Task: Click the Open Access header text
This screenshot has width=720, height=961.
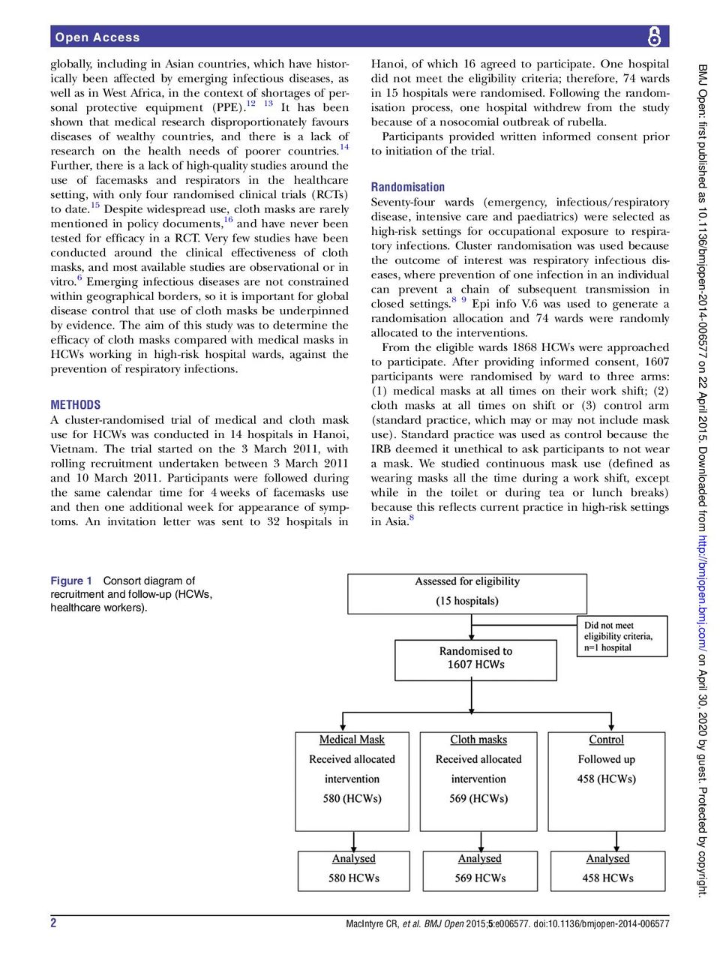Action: point(97,37)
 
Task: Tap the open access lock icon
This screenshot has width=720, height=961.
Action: point(655,36)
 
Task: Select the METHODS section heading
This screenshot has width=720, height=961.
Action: point(75,404)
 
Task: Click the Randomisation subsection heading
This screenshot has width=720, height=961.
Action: point(407,187)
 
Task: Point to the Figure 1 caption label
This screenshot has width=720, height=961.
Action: point(71,581)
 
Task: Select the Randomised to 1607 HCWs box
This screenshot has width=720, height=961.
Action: point(475,659)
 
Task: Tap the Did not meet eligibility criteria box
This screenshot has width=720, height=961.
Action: point(621,636)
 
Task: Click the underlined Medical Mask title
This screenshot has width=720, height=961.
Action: point(352,740)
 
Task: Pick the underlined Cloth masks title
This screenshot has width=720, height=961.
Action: point(478,740)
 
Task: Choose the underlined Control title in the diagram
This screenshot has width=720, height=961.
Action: point(606,740)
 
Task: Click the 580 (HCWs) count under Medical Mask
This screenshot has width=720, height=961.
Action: point(352,799)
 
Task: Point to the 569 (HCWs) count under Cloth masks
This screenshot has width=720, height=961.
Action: point(478,799)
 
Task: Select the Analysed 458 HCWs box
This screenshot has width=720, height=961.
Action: point(607,870)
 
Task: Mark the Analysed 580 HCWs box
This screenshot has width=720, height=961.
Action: point(353,870)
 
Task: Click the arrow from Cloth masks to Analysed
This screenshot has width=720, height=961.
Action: point(479,840)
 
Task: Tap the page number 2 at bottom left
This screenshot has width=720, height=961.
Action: point(53,923)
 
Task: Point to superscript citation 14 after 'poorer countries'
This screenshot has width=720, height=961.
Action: point(343,147)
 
